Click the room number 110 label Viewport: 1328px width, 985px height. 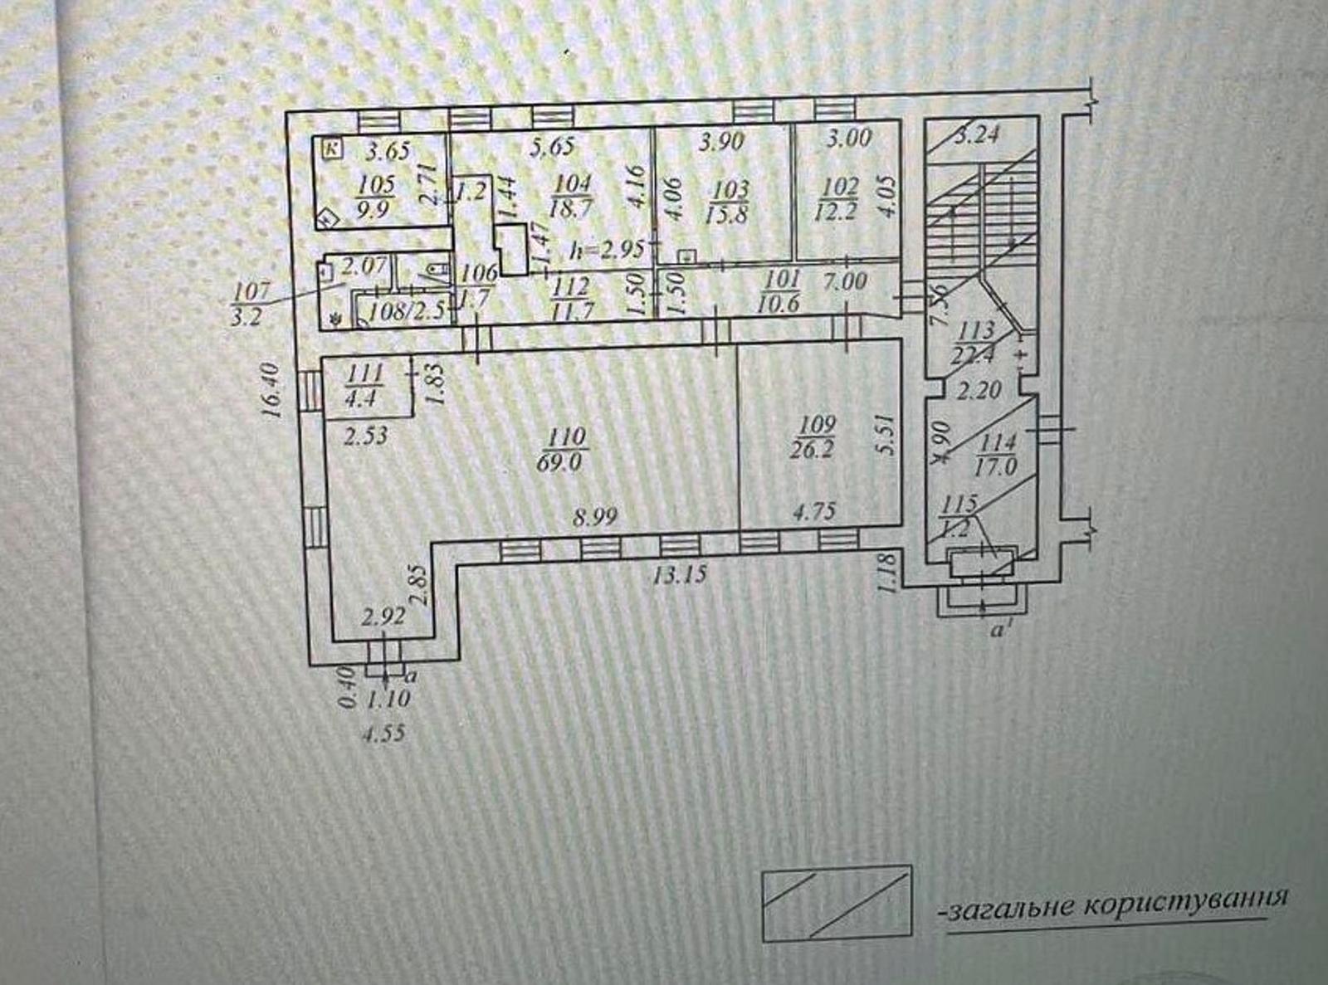[567, 436]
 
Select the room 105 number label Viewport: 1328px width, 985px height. [375, 184]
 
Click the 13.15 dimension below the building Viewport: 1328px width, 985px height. [680, 574]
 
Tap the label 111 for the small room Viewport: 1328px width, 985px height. [364, 373]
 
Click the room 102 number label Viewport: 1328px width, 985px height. [839, 187]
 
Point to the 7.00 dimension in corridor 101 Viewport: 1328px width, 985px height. [845, 280]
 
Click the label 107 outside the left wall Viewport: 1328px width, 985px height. [251, 291]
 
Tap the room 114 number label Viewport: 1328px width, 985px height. [998, 442]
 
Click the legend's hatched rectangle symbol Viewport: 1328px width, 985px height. [837, 904]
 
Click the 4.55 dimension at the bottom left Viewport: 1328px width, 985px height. [383, 734]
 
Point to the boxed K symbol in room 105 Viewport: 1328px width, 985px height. [332, 149]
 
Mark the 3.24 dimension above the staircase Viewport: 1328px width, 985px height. [977, 134]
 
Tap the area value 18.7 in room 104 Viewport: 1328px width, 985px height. [571, 208]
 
